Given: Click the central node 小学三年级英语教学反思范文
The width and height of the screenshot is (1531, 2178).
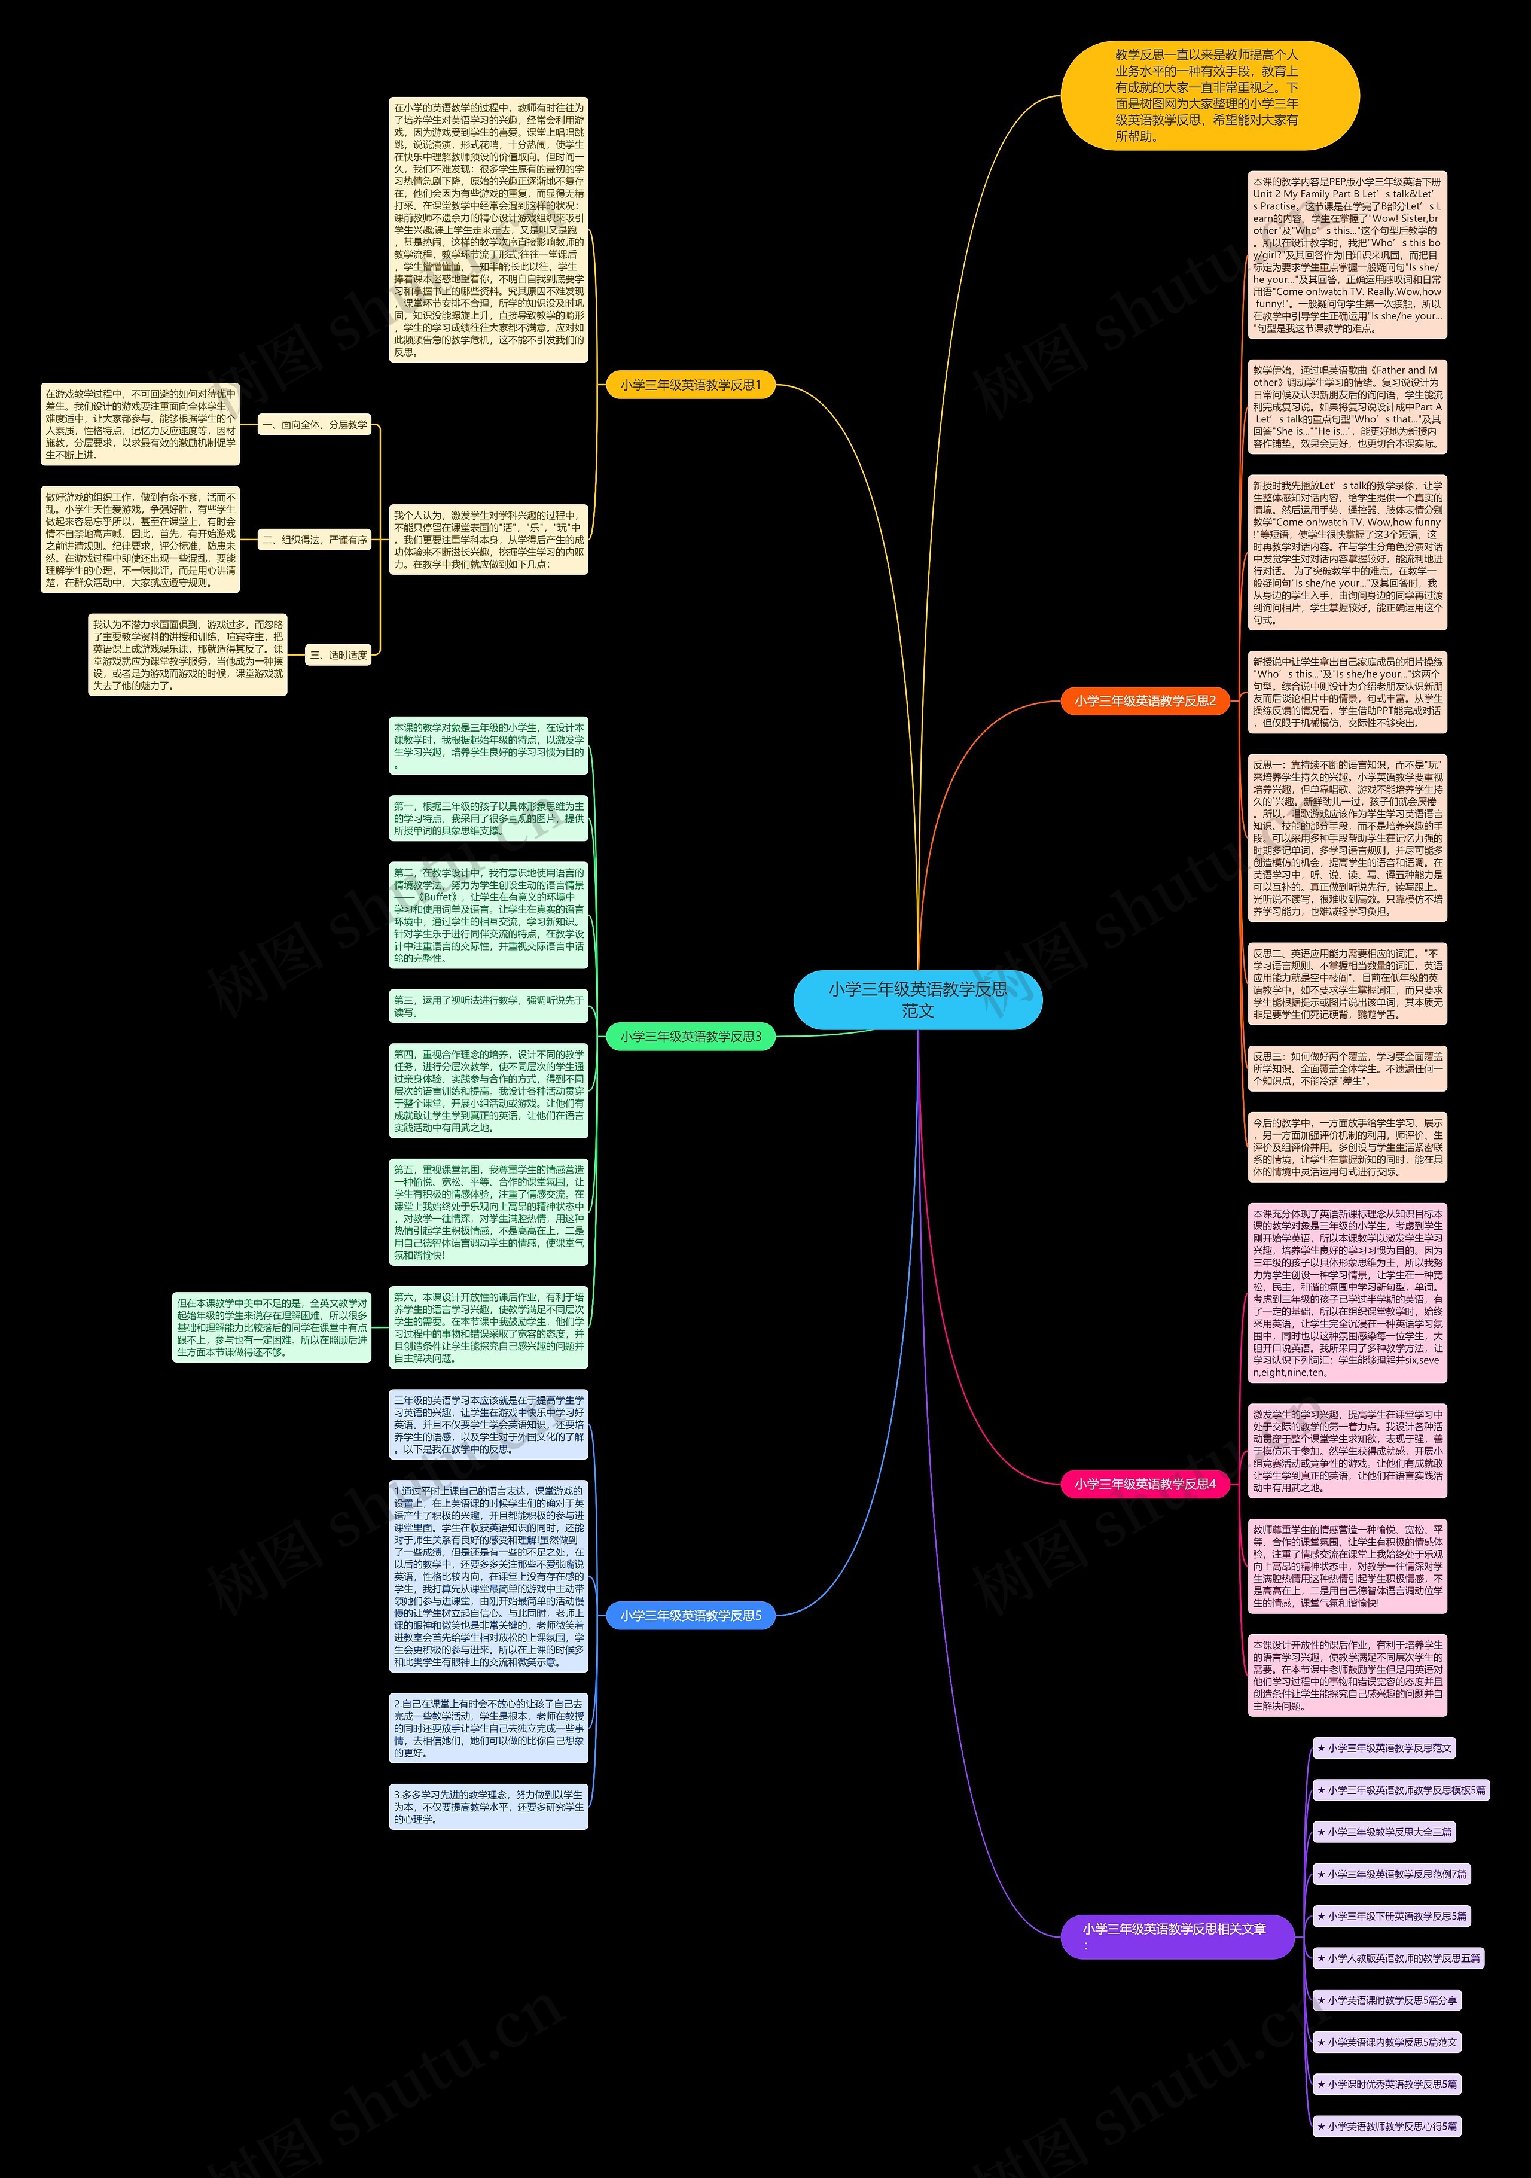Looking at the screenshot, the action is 917,1000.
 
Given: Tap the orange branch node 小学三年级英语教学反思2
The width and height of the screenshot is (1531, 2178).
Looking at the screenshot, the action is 1145,701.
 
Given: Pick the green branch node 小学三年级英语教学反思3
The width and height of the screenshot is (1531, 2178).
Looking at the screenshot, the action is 691,1037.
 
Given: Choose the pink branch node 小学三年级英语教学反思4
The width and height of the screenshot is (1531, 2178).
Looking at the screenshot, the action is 1145,1484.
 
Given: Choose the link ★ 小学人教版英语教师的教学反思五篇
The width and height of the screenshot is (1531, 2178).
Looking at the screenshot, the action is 1398,1958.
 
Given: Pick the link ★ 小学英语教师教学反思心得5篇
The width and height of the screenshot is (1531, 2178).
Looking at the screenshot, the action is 1387,2126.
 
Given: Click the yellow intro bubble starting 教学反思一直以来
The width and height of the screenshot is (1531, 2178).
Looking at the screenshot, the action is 1209,96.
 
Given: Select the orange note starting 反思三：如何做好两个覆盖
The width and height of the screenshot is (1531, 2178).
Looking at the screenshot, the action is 1347,1068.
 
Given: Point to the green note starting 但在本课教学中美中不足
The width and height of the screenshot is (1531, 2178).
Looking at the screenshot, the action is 272,1327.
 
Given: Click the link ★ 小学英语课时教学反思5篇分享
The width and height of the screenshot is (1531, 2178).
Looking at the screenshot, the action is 1387,2000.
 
